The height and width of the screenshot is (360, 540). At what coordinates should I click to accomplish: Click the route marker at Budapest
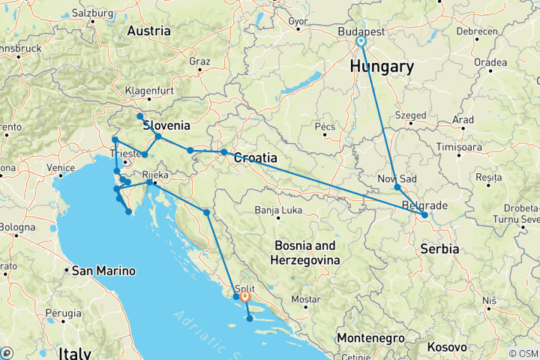pos(361,43)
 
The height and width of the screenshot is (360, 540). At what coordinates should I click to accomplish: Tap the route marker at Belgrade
pos(424,215)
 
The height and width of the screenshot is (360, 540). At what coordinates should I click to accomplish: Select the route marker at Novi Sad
pos(397,187)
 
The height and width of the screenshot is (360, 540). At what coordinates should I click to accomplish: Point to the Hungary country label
pos(382,67)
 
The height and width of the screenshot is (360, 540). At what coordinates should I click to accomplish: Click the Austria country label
pos(148,31)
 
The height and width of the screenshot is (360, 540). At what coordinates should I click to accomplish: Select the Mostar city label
pos(305,298)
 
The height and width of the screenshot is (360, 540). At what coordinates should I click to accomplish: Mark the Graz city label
pos(199,61)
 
